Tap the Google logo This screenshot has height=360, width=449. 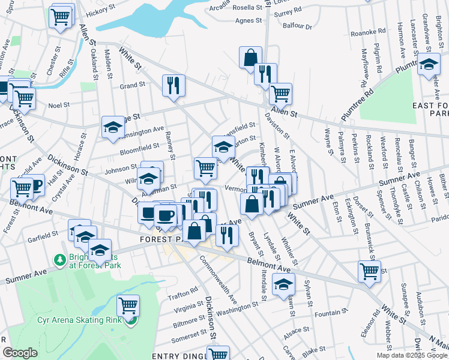pyautogui.click(x=20, y=353)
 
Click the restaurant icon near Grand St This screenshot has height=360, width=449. pyautogui.click(x=173, y=85)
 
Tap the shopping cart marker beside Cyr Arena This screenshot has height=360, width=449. pyautogui.click(x=128, y=306)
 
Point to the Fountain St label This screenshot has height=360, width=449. pyautogui.click(x=328, y=313)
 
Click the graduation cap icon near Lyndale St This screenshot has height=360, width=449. pyautogui.click(x=283, y=285)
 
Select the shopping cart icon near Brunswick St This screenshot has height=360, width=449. pyautogui.click(x=369, y=271)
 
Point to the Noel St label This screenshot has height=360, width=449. pyautogui.click(x=59, y=104)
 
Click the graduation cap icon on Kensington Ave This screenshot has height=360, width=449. pyautogui.click(x=113, y=127)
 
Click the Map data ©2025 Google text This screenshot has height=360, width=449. pyautogui.click(x=412, y=355)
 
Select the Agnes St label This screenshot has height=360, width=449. pyautogui.click(x=250, y=20)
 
